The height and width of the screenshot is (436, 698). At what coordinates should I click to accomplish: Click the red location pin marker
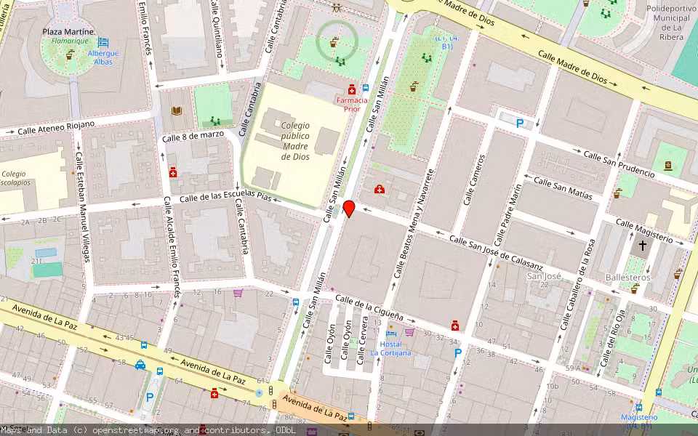[349, 209]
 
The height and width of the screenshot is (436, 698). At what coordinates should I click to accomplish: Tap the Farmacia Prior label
[352, 104]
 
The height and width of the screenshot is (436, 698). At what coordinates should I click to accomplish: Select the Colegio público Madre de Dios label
[295, 140]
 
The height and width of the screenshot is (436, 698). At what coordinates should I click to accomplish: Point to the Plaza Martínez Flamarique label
[68, 36]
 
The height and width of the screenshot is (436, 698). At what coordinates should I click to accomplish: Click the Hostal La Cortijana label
[390, 348]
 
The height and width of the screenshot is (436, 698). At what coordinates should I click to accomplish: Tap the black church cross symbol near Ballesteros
[642, 246]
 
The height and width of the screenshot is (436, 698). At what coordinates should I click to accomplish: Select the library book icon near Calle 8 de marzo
[176, 111]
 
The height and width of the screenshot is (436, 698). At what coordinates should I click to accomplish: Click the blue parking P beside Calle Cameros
[519, 124]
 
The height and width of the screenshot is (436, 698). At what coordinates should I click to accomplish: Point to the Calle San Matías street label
[562, 187]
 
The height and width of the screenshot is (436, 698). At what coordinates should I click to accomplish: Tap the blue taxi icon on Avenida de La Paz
[140, 365]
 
